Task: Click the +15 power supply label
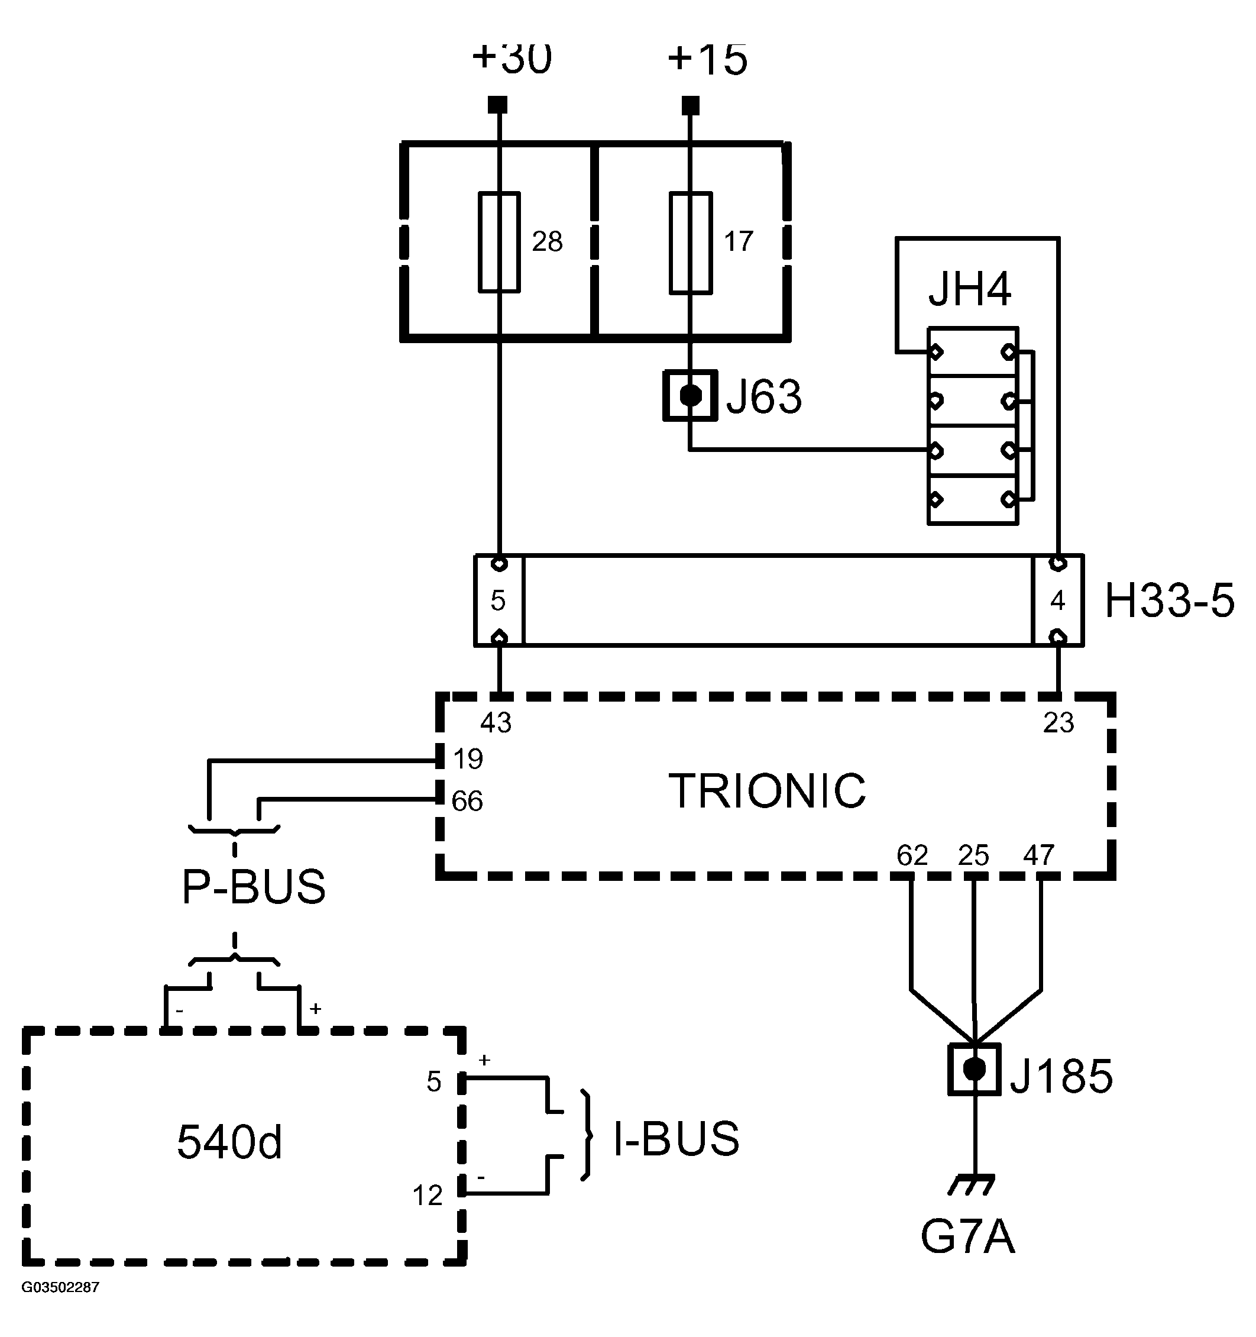coord(707,59)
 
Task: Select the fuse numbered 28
coord(499,242)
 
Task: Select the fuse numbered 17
coord(691,243)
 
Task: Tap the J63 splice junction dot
coord(691,395)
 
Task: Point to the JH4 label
coord(970,290)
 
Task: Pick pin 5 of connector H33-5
coord(498,600)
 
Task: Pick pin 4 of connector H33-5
coord(1058,600)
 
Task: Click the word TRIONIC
coord(767,791)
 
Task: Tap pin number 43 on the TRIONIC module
coord(496,723)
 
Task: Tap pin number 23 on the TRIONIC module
coord(1058,723)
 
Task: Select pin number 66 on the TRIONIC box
coord(467,801)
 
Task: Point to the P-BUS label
coord(254,886)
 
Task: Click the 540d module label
coord(229,1142)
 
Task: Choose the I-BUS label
coord(676,1138)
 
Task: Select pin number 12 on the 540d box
coord(427,1195)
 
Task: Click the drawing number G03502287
coord(60,1287)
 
